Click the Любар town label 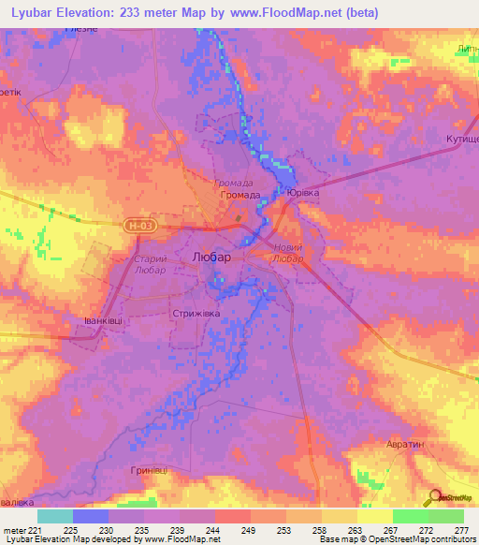(210, 255)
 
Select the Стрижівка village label (195, 314)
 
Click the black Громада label (240, 195)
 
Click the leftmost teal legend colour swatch (55, 516)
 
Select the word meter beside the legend (15, 529)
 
